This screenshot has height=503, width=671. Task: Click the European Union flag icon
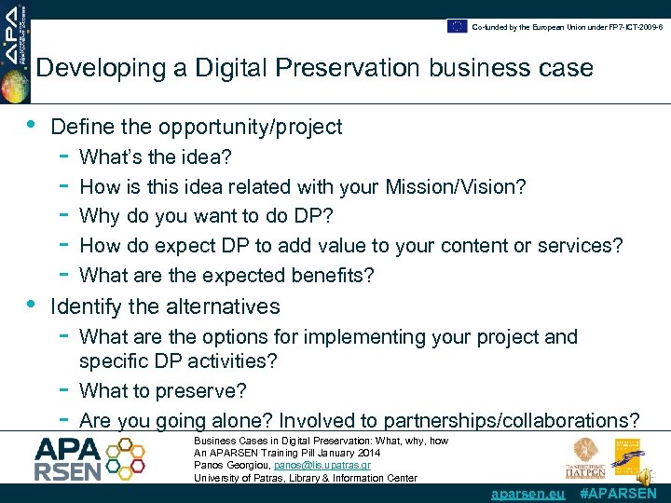457,26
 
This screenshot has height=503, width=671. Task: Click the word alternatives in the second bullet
222,306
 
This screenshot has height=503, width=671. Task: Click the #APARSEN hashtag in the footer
618,494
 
